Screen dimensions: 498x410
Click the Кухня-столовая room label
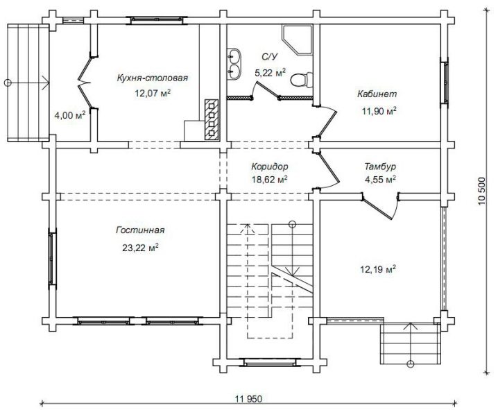[153, 78]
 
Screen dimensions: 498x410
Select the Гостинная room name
[140, 230]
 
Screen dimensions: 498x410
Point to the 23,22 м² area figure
[140, 248]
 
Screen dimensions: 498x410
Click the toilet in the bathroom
[302, 80]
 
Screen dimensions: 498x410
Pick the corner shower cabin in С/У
[297, 39]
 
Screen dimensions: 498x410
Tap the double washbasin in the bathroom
[234, 64]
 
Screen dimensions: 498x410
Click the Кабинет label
[377, 94]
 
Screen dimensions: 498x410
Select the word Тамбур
[380, 166]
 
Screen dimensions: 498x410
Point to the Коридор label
[270, 166]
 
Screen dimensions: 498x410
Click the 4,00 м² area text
[70, 115]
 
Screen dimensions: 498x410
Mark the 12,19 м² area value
[378, 270]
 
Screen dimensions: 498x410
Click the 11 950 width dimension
[249, 399]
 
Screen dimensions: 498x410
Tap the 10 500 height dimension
[482, 191]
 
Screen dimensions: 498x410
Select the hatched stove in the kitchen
[212, 120]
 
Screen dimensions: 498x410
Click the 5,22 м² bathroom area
[270, 73]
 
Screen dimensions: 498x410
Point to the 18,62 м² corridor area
[270, 180]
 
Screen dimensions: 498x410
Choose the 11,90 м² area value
[379, 111]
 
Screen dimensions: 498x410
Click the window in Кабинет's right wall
[445, 81]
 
